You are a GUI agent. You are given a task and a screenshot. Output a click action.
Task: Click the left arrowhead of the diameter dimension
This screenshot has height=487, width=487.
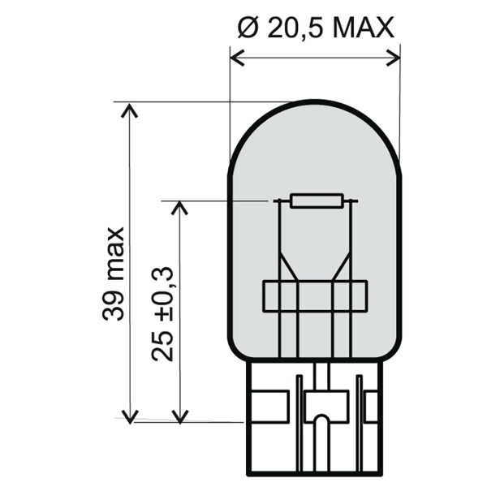tap(236, 56)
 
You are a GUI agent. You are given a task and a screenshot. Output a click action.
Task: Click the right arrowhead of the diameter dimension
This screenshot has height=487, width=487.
tap(394, 56)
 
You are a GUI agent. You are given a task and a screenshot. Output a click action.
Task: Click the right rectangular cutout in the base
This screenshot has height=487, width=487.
tap(372, 405)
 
